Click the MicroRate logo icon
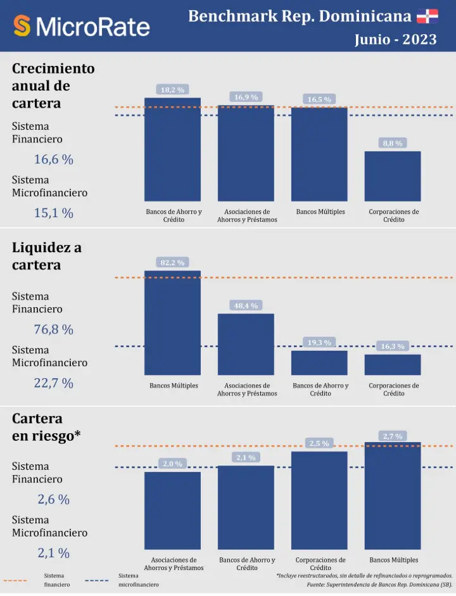[22, 26]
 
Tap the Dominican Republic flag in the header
[427, 16]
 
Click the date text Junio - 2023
[395, 39]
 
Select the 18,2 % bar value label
[172, 90]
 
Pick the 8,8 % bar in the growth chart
[393, 176]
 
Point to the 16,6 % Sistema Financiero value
[54, 160]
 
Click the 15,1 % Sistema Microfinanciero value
[54, 213]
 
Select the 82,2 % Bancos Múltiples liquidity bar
[172, 323]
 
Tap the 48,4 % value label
[246, 306]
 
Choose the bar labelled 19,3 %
[319, 363]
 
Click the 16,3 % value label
[393, 346]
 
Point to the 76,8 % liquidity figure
[54, 329]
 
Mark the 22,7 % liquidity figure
[54, 383]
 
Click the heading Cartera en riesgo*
[46, 428]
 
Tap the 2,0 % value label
[172, 464]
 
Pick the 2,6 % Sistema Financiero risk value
[54, 499]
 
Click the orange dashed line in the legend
[15, 580]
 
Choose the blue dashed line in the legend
[96, 580]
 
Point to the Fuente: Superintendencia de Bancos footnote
[380, 585]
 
